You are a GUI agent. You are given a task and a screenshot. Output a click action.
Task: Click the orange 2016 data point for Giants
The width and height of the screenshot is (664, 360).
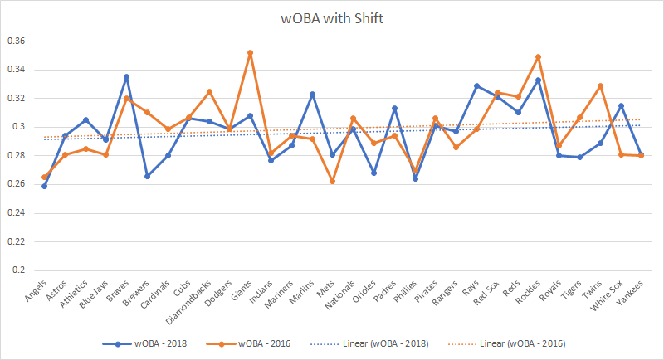point(250,53)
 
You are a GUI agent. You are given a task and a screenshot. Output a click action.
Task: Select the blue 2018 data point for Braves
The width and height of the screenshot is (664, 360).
point(127,77)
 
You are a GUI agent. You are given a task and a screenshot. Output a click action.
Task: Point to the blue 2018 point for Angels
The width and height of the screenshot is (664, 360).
point(45,186)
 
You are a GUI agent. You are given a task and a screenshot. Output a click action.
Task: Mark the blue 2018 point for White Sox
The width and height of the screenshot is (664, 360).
point(619,105)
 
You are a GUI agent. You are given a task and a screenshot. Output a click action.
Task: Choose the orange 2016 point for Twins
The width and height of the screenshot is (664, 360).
point(599,86)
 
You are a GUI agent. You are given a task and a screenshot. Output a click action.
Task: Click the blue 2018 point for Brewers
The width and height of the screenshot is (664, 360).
point(148,176)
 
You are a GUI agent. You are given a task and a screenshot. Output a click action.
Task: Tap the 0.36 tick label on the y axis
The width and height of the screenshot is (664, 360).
point(17,41)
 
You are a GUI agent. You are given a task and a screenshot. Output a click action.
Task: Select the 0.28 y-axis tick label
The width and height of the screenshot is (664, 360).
point(17,156)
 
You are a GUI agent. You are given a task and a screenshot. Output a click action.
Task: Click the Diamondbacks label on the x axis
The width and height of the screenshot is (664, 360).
point(197,299)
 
